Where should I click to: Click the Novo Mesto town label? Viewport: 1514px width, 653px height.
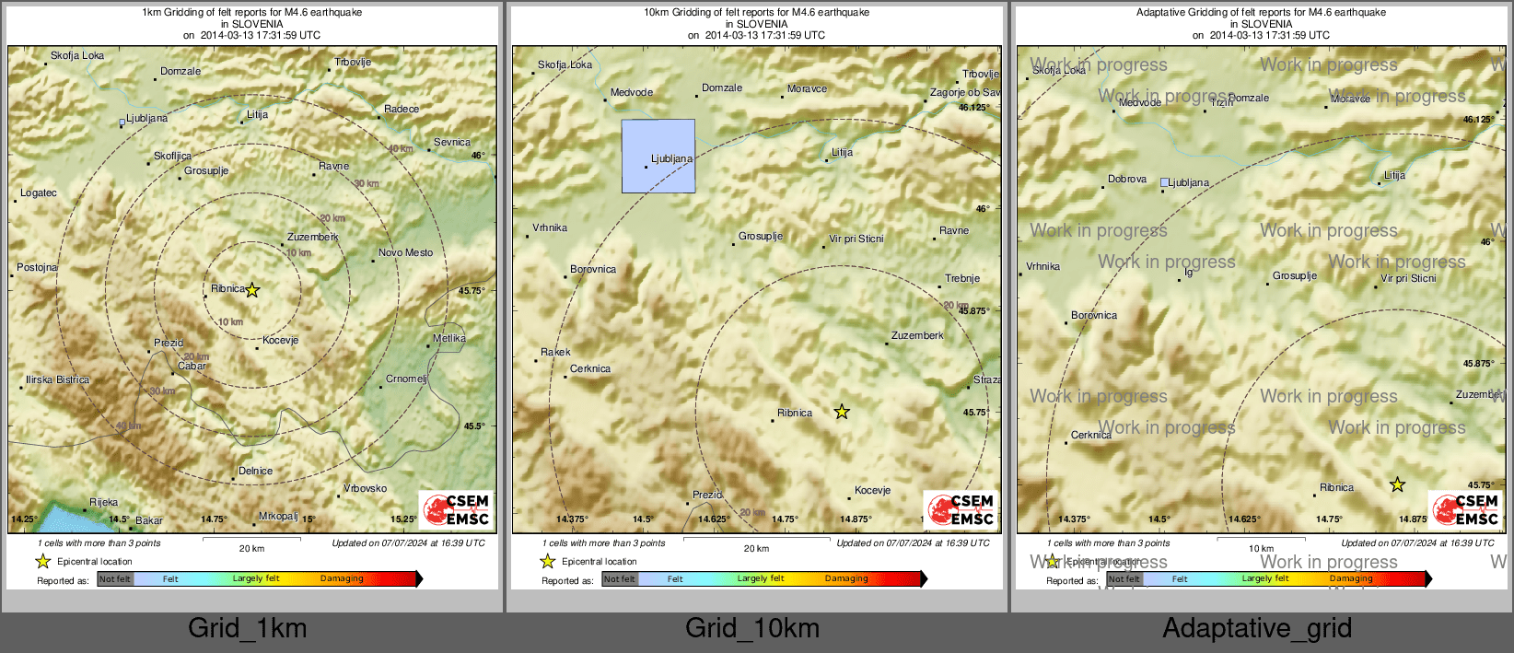coord(405,252)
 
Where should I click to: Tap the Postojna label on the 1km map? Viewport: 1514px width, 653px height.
coord(37,268)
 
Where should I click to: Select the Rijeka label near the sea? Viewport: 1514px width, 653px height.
coord(103,502)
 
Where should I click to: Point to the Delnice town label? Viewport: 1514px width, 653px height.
coord(255,471)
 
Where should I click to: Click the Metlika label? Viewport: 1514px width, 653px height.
coord(448,338)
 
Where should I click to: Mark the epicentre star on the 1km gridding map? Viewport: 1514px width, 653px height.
coord(252,290)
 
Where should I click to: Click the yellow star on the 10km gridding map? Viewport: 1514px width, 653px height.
coord(842,412)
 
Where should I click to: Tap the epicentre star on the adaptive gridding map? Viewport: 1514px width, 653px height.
coord(1397,484)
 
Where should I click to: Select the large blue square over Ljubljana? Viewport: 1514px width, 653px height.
coord(658,156)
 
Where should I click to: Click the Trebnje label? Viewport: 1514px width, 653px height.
coord(962,278)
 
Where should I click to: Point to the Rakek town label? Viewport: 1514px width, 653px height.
coord(555,352)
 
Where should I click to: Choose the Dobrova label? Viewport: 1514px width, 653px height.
coord(1127,179)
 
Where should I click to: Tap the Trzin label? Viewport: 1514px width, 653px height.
coord(1221,103)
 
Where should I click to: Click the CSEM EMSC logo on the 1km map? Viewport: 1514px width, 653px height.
coord(457,509)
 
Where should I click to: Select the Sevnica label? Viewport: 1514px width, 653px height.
coord(451,142)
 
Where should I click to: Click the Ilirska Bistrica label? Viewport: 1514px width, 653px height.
coord(58,379)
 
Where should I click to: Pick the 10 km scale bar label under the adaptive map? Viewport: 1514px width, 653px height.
coord(1261,549)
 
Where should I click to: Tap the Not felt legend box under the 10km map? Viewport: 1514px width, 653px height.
coord(620,579)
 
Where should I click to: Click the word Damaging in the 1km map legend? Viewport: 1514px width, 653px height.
coord(342,578)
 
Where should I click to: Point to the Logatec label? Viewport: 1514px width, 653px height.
coord(39,192)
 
